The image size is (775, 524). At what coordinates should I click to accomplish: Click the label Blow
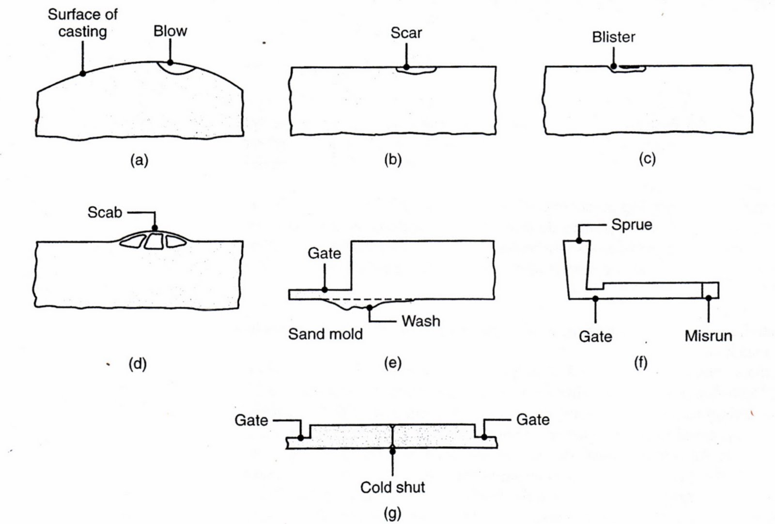coord(170,31)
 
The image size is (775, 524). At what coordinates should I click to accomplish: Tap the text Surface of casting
coord(83,23)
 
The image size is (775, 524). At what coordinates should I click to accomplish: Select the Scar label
coord(406,33)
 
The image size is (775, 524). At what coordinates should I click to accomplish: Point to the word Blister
coord(613,37)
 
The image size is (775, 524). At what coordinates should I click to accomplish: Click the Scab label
coord(105,213)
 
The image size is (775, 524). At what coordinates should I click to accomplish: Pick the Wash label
coord(421,321)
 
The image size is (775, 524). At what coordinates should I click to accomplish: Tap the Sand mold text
coord(325,334)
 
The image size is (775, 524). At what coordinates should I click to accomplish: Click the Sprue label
coord(632,225)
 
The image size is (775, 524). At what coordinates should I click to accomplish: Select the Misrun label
coord(708,336)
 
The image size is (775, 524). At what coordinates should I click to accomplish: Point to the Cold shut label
coord(392,487)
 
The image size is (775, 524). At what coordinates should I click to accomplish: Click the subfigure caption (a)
coord(139,160)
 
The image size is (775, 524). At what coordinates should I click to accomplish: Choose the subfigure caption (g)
coord(392,514)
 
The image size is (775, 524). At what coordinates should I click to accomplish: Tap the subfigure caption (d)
coord(138,364)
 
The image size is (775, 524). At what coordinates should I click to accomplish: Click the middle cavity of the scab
coord(154,242)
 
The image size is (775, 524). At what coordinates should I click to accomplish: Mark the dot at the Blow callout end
coord(170,62)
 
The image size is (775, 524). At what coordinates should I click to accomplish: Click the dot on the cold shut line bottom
coord(392,451)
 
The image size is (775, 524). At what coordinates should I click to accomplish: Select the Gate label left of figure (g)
coord(251,420)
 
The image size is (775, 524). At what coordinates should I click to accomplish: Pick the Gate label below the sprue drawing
coord(595,336)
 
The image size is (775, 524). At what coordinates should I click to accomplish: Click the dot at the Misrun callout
coord(709,298)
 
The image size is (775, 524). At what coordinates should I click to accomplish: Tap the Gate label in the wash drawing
coord(324,254)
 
